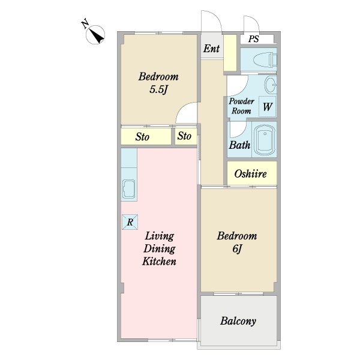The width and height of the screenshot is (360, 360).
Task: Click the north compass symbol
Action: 95,34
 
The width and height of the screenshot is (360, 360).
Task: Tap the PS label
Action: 253,39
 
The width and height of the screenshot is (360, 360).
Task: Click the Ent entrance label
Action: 211,49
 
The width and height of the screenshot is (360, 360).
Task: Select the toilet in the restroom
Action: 265,60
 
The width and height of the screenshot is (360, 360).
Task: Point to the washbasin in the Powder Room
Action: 271,85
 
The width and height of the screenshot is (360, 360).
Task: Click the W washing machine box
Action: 267,107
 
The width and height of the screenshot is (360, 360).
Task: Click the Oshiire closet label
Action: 250,174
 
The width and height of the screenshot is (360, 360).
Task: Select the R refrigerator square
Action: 130,222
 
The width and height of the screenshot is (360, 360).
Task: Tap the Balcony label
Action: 238,321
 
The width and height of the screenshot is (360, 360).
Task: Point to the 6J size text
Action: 237,249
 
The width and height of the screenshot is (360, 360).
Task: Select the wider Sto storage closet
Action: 146,136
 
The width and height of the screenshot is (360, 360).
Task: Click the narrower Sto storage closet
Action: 186,136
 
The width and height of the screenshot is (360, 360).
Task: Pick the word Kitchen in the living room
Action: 159,262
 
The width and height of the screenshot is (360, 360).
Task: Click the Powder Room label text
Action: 242,106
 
